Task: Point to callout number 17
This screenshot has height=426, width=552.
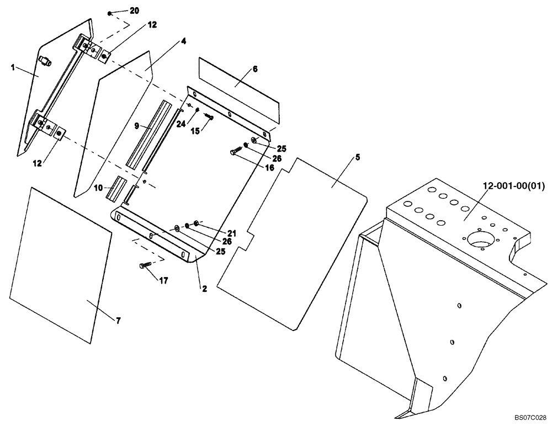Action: pyautogui.click(x=164, y=281)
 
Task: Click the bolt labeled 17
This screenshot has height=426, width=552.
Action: pyautogui.click(x=145, y=266)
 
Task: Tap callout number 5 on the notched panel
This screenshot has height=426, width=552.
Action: pyautogui.click(x=357, y=157)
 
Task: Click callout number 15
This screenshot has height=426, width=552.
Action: pyautogui.click(x=196, y=131)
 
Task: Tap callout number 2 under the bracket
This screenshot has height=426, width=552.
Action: pyautogui.click(x=204, y=289)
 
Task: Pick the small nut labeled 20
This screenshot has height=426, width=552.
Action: pyautogui.click(x=110, y=12)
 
